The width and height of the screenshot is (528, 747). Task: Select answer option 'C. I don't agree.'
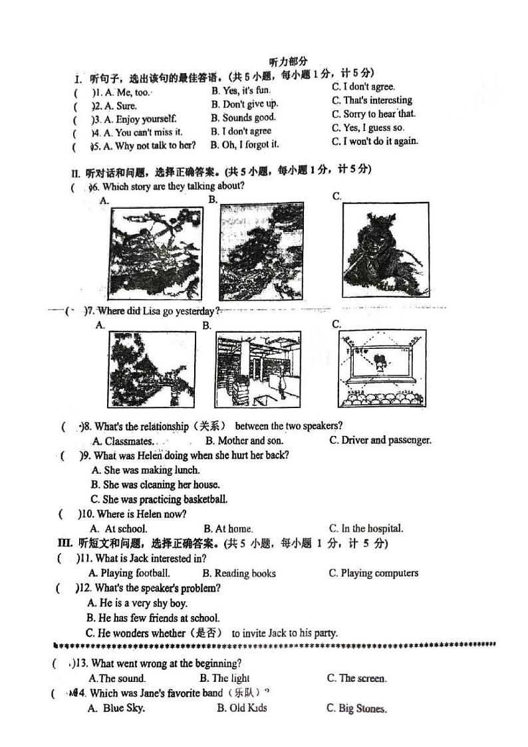click(x=363, y=86)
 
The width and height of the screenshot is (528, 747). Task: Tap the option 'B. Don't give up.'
click(x=245, y=104)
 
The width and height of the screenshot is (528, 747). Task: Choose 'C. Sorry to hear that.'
click(x=374, y=114)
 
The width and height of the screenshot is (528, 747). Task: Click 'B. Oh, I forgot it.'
click(x=245, y=144)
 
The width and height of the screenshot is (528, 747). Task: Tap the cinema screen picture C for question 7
click(x=382, y=370)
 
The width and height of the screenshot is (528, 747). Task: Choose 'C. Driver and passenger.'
click(x=380, y=440)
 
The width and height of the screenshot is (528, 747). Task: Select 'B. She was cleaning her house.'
click(x=155, y=484)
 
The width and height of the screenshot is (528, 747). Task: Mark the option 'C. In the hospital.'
click(x=366, y=529)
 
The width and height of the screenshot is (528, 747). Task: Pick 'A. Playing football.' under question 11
click(x=130, y=573)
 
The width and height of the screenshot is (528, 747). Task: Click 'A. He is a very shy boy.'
click(x=138, y=603)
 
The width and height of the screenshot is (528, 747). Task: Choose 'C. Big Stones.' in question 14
click(x=356, y=708)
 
